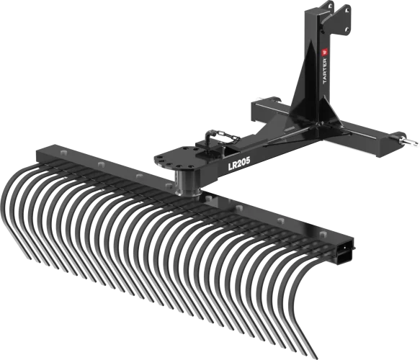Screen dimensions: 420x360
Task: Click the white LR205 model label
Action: point(239,164)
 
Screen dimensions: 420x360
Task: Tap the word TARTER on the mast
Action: point(325,71)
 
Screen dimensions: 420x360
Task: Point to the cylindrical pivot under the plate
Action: point(187,182)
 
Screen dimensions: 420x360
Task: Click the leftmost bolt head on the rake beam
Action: point(63,153)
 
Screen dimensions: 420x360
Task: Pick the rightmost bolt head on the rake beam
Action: point(323,234)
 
